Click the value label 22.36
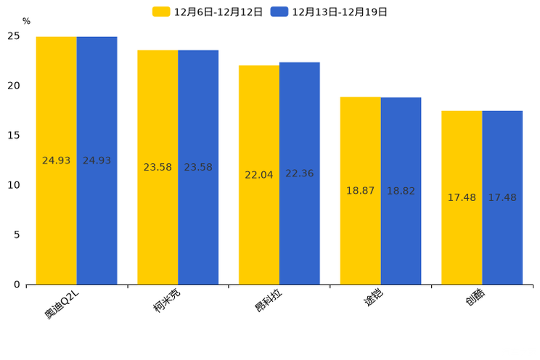pos(300,173)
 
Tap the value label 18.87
pos(361,191)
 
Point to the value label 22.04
pos(259,175)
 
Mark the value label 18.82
pos(401,191)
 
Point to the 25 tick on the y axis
pos(14,36)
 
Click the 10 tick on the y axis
pos(14,185)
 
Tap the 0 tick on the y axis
pos(17,285)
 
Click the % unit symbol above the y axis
pos(26,22)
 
